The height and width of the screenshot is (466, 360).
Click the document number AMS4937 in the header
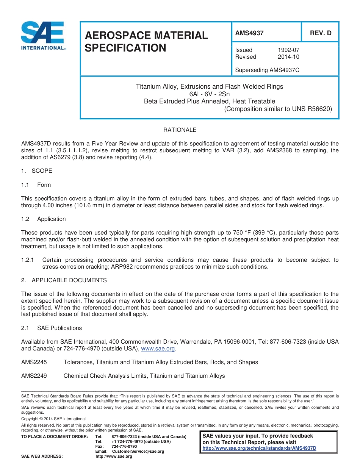pos(249,33)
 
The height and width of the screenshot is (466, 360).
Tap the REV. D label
pos(320,33)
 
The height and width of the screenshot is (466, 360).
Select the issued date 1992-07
pos(288,50)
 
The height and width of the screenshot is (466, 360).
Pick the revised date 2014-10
pos(288,57)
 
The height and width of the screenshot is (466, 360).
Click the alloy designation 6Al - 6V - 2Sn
pos(209,94)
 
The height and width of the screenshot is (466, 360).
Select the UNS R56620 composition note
pos(278,109)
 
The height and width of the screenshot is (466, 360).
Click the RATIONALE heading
pos(180,130)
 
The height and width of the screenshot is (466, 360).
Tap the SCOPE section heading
pos(42,171)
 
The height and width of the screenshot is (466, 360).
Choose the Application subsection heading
pos(51,219)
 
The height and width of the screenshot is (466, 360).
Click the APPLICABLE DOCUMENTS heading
pos(69,280)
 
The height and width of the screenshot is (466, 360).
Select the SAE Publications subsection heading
pos(59,328)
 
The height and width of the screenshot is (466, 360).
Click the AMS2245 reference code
pos(34,362)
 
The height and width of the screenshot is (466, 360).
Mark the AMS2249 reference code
pos(34,376)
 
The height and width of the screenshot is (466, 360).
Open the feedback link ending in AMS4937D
pos(259,448)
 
